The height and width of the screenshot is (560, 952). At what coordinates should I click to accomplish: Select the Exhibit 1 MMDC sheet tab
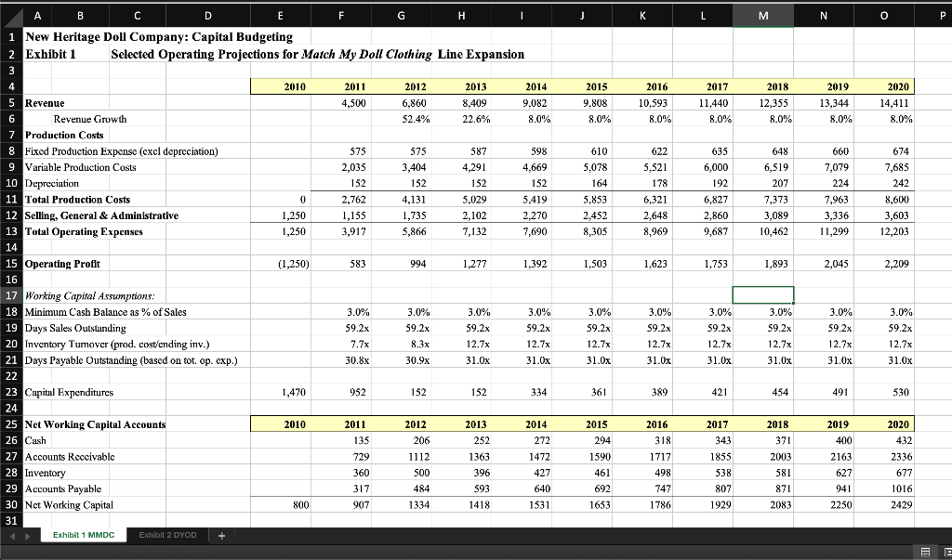pos(84,535)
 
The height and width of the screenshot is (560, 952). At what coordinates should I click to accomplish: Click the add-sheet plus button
pos(221,535)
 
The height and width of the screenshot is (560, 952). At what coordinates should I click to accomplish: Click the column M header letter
pos(763,14)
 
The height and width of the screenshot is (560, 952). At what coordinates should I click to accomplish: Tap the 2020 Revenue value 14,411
pos(898,103)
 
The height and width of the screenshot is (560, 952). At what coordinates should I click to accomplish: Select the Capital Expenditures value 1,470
pos(294,392)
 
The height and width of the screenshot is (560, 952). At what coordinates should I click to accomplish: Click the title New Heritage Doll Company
pos(159,36)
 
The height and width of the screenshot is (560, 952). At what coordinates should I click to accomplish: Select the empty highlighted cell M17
pos(763,295)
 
